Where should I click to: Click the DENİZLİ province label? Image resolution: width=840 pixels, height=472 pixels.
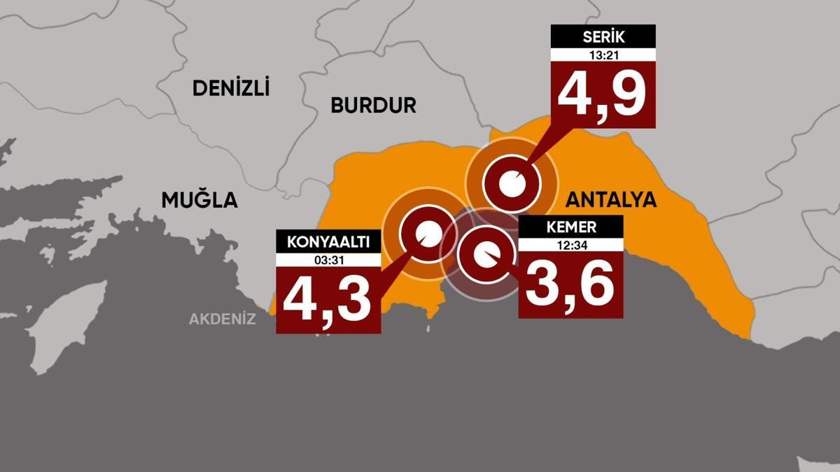coord(231,88)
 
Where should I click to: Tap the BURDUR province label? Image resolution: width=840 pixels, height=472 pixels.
coord(373,106)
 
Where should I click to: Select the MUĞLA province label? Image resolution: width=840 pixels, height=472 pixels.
coord(199,201)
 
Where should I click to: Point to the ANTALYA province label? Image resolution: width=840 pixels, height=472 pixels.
coord(610,200)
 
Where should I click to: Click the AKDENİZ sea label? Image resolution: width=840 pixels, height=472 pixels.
coord(223,320)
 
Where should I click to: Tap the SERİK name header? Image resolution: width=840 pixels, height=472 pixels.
coord(603,36)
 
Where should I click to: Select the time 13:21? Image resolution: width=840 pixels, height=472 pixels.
coord(603,55)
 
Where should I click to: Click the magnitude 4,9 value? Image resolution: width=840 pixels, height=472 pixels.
coord(603,94)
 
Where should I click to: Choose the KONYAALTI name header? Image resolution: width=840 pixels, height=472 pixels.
coord(328,242)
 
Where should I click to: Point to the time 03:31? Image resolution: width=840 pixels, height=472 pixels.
coord(328,259)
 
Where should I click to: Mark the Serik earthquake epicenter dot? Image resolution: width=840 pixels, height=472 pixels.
coord(512,184)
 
